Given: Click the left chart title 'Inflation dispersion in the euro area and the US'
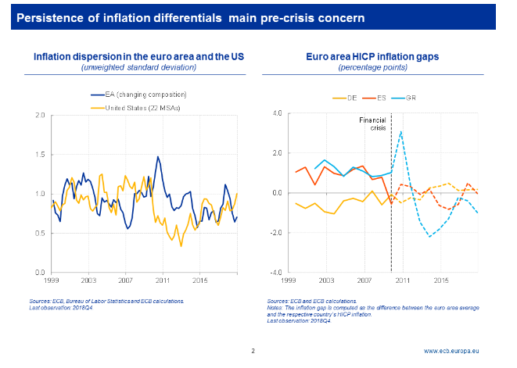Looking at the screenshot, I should [138, 56].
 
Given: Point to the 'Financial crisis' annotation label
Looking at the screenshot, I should [373, 125].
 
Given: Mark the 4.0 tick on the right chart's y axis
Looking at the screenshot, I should [277, 113].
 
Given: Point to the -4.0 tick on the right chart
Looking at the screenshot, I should [275, 272].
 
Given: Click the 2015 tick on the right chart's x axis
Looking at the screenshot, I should [440, 280].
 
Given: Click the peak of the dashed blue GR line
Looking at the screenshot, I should [401, 131].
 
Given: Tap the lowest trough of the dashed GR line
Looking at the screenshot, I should [429, 236].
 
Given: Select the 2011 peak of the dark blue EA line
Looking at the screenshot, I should [158, 156].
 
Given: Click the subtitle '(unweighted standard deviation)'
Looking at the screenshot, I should [138, 67].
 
